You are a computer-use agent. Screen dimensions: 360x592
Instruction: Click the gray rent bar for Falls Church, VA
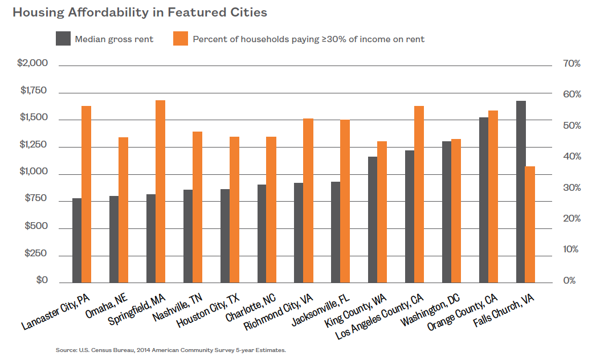(x=521, y=191)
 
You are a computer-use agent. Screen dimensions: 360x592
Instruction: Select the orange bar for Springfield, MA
(x=160, y=191)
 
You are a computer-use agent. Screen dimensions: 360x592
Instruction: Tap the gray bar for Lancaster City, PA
(x=77, y=240)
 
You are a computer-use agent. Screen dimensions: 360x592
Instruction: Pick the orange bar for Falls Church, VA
(x=530, y=224)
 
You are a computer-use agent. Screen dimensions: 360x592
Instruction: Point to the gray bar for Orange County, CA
(x=484, y=200)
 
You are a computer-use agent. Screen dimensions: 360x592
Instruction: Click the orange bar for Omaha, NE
(x=123, y=210)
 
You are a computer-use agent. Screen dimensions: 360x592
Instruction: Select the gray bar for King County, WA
(x=373, y=219)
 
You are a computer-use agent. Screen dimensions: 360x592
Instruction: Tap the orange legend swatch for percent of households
(x=181, y=39)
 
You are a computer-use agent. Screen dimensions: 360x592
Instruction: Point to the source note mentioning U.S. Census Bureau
(x=170, y=350)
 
